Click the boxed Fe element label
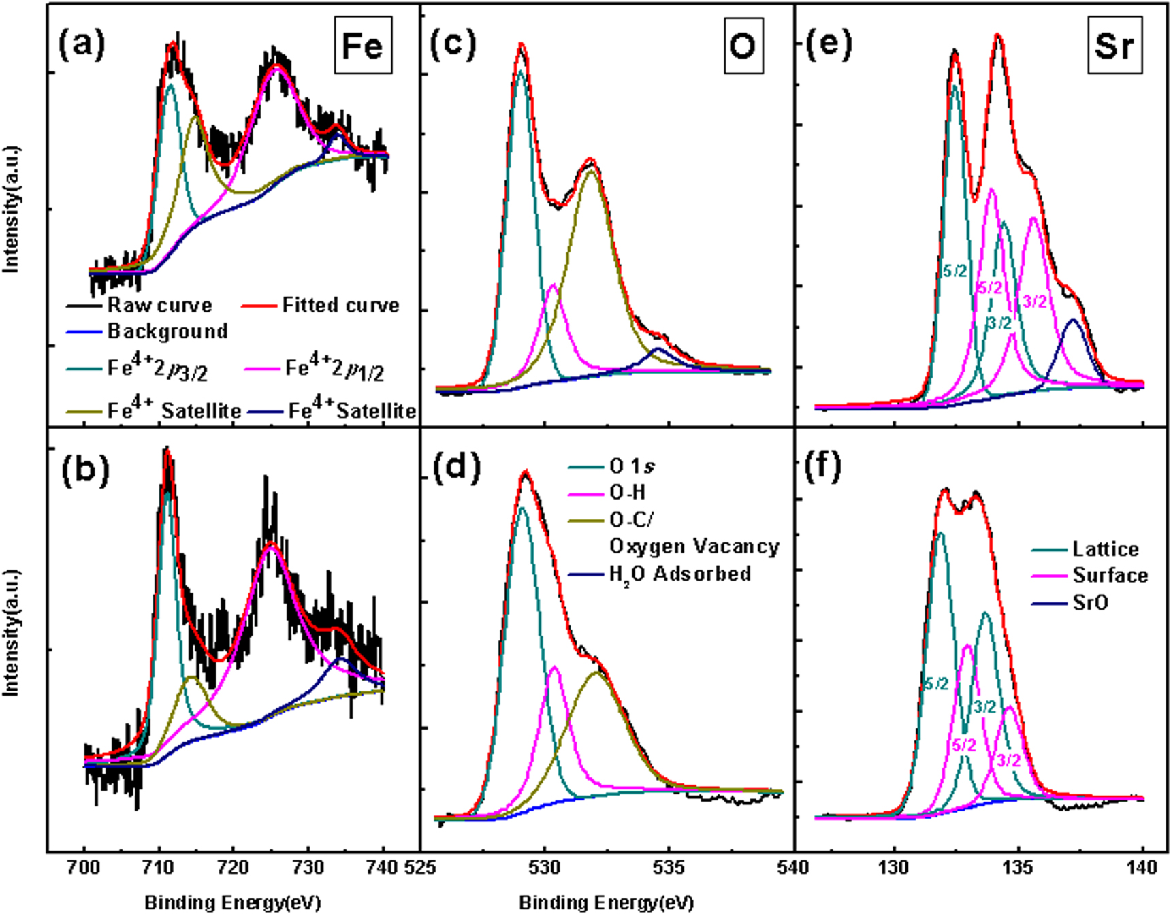coord(363,46)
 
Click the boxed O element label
coord(742,46)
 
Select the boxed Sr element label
coord(1114,46)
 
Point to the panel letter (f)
coord(822,466)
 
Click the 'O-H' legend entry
coord(627,493)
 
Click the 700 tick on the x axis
coord(84,868)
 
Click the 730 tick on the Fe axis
coord(308,868)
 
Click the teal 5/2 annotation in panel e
coord(955,272)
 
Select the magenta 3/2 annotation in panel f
coord(1008,760)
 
